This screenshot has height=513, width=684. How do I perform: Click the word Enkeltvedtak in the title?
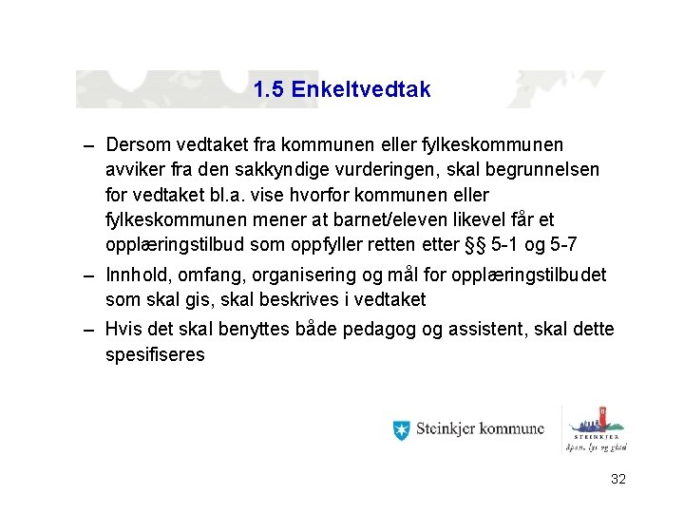point(361,90)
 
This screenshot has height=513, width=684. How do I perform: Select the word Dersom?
point(138,145)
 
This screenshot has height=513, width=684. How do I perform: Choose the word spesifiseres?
point(155,355)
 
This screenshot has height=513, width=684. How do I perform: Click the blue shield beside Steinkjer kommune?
point(401,429)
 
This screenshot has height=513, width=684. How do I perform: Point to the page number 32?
point(617,480)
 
